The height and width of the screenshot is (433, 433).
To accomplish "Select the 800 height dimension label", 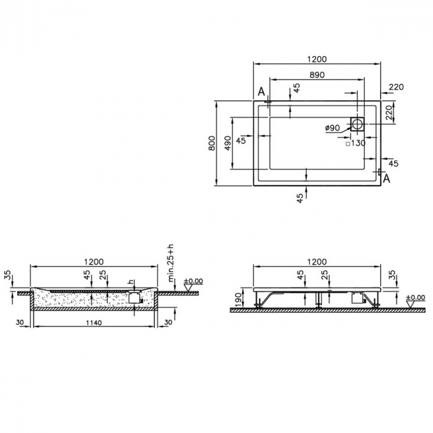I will click(212, 144).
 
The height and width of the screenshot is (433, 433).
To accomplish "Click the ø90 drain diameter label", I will click(333, 127).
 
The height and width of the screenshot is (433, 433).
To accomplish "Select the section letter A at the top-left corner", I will click(262, 92).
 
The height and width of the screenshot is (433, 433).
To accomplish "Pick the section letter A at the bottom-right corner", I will click(387, 179).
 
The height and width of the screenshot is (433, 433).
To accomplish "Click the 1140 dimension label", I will click(94, 322).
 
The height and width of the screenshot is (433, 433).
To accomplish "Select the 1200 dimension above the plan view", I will click(316, 59).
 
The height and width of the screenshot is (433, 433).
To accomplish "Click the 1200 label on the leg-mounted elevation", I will click(316, 262).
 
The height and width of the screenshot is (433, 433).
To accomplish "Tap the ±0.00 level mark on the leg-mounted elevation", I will click(416, 298).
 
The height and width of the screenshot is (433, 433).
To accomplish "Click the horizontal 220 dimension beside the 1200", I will click(396, 87).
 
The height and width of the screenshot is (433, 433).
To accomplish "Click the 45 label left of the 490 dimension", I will click(241, 140).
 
